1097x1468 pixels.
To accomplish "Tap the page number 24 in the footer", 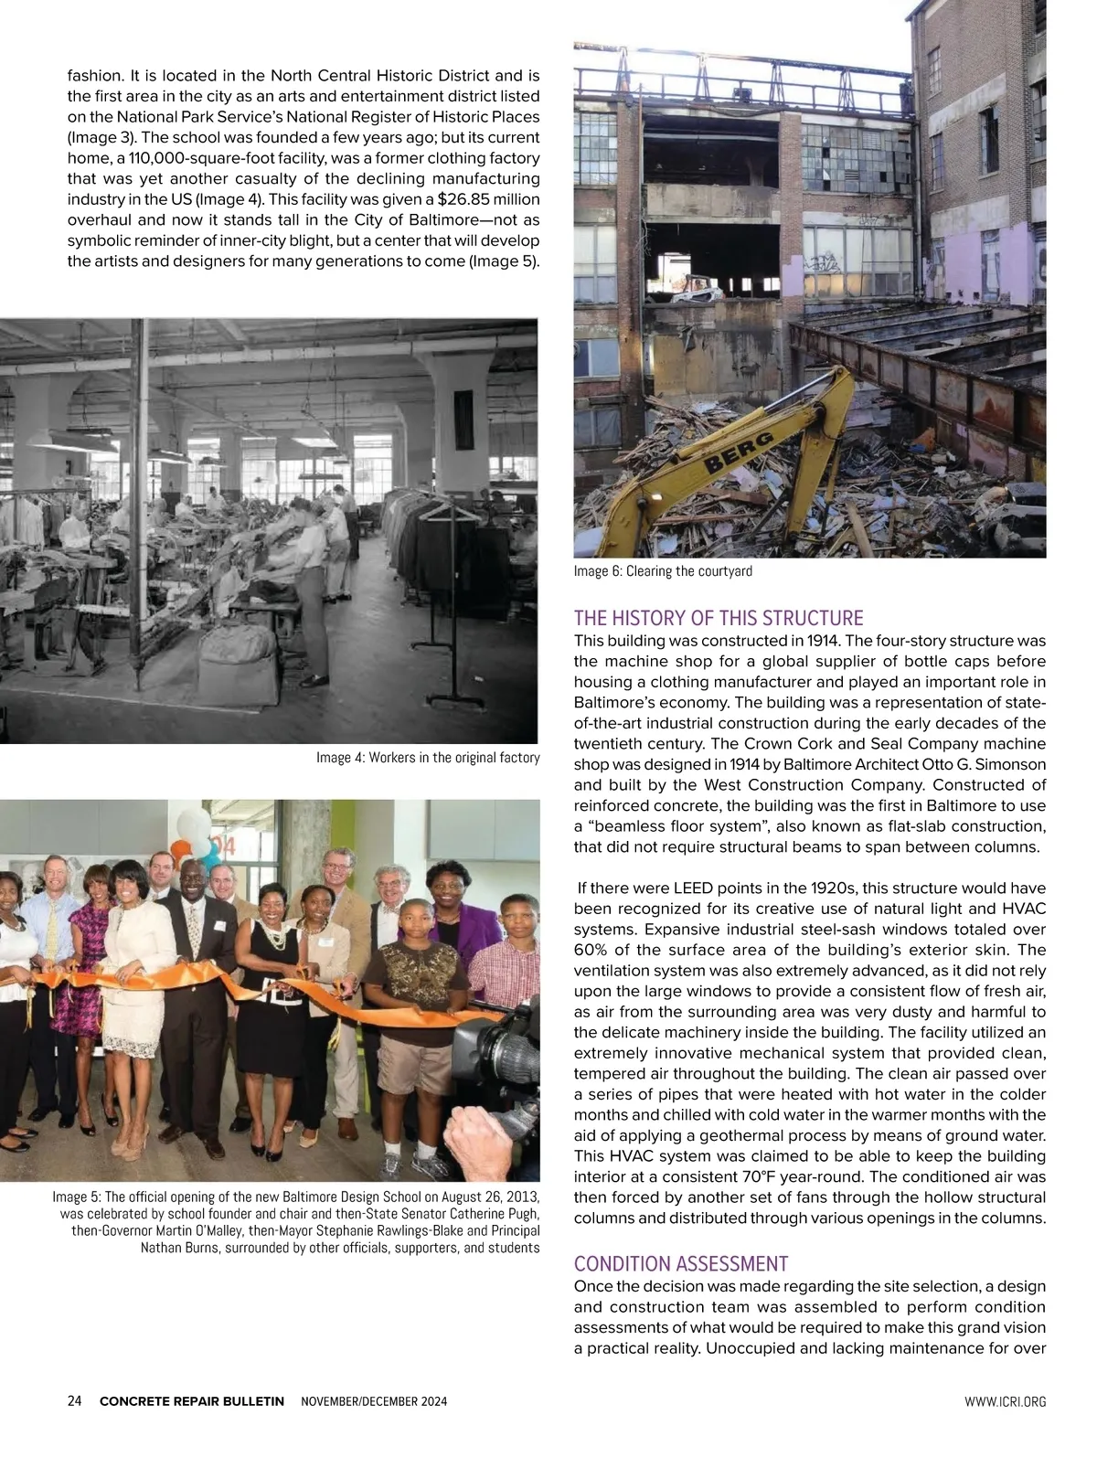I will (75, 1401).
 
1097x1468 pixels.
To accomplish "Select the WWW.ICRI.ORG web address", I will (1005, 1401).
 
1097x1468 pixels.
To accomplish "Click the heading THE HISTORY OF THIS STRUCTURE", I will (719, 618).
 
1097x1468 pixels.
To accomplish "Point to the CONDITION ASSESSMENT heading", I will (680, 1264).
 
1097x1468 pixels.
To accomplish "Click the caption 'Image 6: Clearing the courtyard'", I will (663, 571).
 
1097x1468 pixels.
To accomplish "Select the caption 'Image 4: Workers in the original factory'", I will (428, 758).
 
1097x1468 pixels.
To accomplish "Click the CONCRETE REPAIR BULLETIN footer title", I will (191, 1401).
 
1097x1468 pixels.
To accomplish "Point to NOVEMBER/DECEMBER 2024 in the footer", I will (374, 1401).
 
